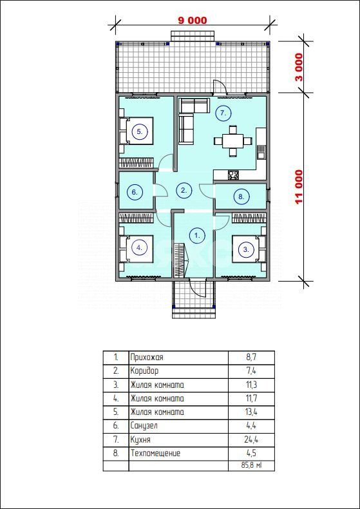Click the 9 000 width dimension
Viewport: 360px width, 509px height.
[x=193, y=20]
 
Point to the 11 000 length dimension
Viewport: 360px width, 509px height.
[x=299, y=187]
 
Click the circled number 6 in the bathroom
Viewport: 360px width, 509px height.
[x=134, y=192]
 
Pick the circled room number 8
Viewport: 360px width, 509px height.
[x=241, y=197]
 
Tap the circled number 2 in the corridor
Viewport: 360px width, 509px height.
[x=184, y=191]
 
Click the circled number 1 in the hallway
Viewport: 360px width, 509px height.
[x=197, y=235]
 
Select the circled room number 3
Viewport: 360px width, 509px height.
[x=246, y=249]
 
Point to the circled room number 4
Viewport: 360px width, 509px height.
[x=140, y=247]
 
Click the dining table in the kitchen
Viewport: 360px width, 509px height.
[x=233, y=141]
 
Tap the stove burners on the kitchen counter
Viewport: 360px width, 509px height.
[x=233, y=175]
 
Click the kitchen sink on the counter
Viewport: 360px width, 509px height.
[x=261, y=152]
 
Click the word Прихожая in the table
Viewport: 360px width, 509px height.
[x=147, y=358]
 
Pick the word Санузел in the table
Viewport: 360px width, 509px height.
[x=144, y=425]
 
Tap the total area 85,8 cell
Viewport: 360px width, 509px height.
[x=251, y=465]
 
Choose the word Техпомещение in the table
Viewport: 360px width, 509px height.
[x=155, y=453]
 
